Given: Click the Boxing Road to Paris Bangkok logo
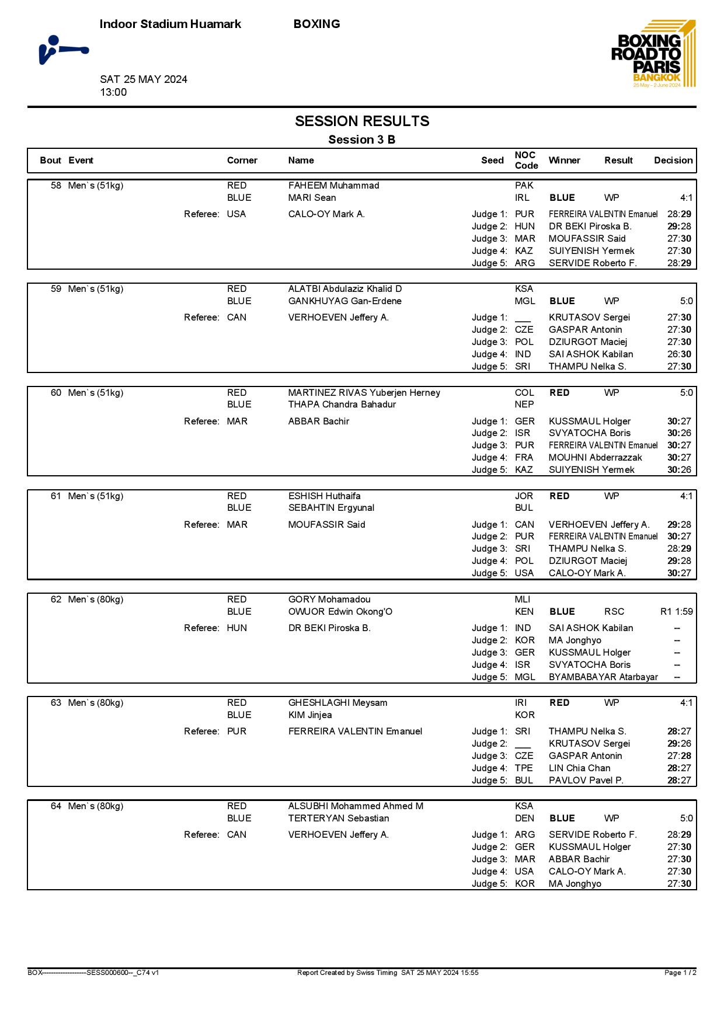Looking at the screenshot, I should coord(653,54).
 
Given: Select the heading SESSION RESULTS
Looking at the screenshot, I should coord(362,121).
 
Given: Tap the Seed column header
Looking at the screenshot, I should coord(492,161).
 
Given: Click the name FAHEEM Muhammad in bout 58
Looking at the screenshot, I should coord(333,186).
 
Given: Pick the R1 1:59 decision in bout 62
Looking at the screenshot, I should coord(676,612).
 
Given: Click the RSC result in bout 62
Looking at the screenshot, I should coord(614,612).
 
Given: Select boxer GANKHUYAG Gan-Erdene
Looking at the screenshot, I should coord(344,301).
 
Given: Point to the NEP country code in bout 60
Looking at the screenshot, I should coord(524,405).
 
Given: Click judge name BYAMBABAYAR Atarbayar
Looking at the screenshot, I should coord(603,677).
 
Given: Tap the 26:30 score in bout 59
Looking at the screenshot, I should coord(679,354).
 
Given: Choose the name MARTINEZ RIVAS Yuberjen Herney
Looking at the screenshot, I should coord(364,393).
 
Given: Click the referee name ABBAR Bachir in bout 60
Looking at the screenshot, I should coord(318,422).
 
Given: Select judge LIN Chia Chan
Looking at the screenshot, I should coord(579,768).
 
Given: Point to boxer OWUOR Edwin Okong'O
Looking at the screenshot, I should coord(340,612).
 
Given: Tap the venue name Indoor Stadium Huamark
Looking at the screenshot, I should coord(170,24).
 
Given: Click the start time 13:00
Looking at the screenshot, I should coord(113,92).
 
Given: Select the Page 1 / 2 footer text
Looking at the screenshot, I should coord(680,973).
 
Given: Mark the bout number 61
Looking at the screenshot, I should coord(56,496).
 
